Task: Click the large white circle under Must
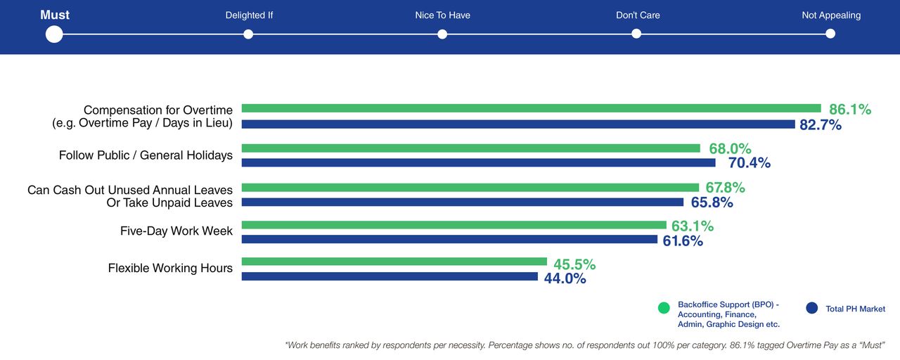pyautogui.click(x=54, y=34)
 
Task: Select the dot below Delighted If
pyautogui.click(x=248, y=34)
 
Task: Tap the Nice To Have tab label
pyautogui.click(x=442, y=15)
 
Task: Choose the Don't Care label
pyautogui.click(x=638, y=15)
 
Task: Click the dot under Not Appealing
pyautogui.click(x=830, y=34)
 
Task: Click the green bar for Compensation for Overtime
pyautogui.click(x=531, y=108)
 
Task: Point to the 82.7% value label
pyautogui.click(x=820, y=125)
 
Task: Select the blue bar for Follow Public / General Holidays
pyautogui.click(x=478, y=162)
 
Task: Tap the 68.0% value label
pyautogui.click(x=730, y=148)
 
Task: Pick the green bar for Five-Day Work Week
pyautogui.click(x=454, y=225)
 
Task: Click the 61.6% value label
pyautogui.click(x=682, y=241)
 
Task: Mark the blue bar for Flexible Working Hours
pyautogui.click(x=390, y=276)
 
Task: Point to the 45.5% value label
pyautogui.click(x=574, y=264)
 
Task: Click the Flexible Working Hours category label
pyautogui.click(x=170, y=268)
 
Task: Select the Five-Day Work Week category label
pyautogui.click(x=176, y=231)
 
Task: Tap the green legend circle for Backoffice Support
pyautogui.click(x=663, y=308)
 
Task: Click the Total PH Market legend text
pyautogui.click(x=855, y=309)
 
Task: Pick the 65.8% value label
pyautogui.click(x=712, y=202)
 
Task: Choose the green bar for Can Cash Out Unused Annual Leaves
pyautogui.click(x=470, y=188)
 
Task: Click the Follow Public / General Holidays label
pyautogui.click(x=146, y=155)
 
